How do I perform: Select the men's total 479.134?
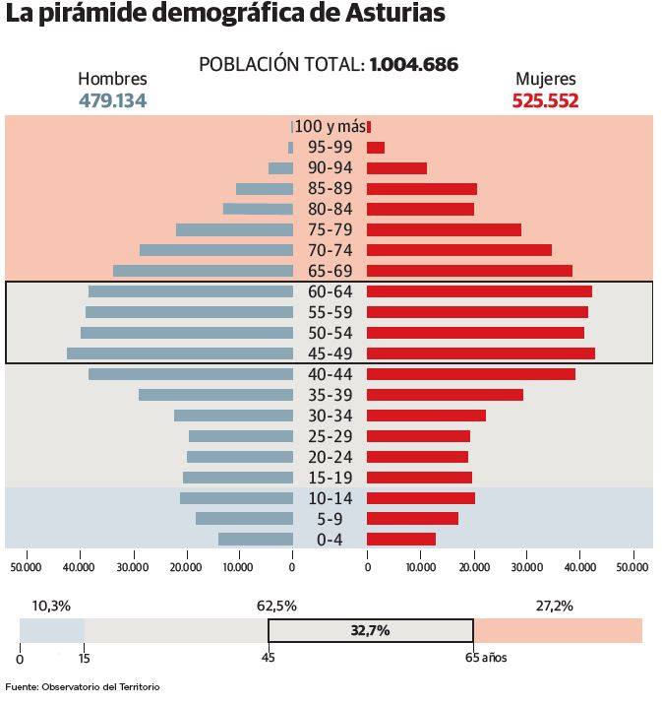point(112,100)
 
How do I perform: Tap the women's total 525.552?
point(546,100)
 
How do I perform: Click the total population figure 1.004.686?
point(414,65)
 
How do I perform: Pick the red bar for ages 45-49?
point(480,353)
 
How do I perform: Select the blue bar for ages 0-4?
point(256,540)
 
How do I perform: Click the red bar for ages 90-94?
point(396,168)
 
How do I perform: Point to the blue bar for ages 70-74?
point(216,250)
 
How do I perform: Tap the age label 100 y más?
point(331,126)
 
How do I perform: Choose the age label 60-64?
point(330,291)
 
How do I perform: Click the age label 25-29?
point(330,436)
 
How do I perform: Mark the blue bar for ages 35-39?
point(215,395)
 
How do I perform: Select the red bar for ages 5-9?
point(412,519)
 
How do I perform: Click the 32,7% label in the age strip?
point(370,630)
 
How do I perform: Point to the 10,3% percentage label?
point(51,606)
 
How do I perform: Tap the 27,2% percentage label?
point(554,606)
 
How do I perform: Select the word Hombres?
point(112,80)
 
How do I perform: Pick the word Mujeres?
point(546,80)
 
